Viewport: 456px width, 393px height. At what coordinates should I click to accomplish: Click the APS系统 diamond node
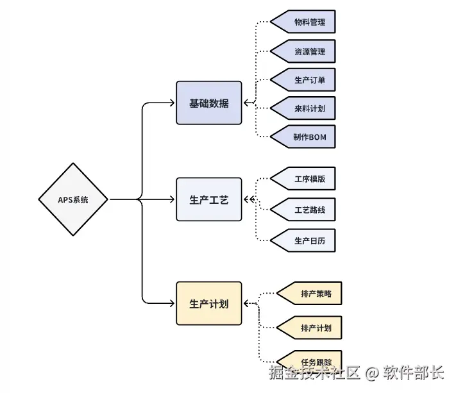73,199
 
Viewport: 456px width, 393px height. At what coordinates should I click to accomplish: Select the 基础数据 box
209,103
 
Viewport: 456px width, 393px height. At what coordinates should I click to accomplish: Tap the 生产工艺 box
209,199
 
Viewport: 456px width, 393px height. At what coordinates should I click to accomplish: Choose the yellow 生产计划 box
209,303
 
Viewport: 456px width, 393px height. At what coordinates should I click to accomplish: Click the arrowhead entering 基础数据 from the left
172,103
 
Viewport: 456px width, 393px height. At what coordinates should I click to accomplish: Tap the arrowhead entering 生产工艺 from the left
172,199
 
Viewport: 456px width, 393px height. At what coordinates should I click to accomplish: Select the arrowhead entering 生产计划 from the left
172,303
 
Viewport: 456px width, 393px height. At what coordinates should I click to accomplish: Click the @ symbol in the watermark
372,372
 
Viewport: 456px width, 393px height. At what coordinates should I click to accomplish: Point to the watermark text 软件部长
414,372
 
